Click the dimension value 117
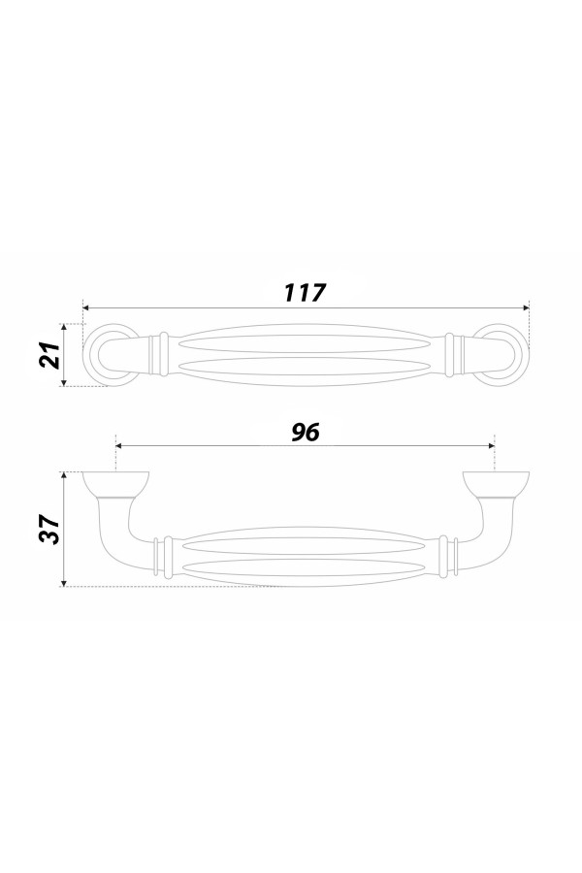304,292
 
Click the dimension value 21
50,355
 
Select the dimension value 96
306,433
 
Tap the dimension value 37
50,530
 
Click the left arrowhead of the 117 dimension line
86,307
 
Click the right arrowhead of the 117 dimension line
525,307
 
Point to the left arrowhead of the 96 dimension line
118,445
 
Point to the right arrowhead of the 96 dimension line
491,445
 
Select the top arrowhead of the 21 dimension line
65,328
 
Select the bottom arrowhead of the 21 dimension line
65,382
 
